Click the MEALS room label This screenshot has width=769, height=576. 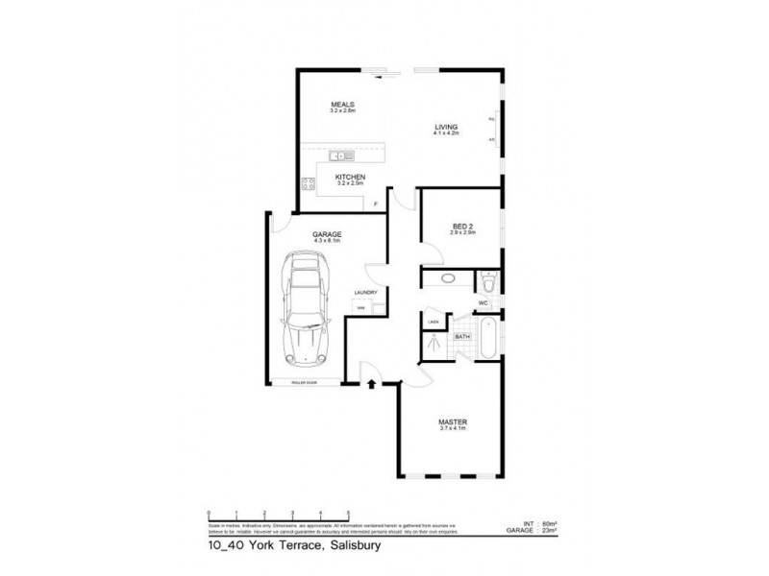click(x=343, y=104)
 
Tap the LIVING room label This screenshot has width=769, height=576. click(x=446, y=127)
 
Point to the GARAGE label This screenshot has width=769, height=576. click(x=327, y=234)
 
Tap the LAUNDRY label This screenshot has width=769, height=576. click(x=364, y=293)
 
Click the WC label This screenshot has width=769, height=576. click(x=484, y=303)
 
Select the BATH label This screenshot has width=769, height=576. click(x=461, y=337)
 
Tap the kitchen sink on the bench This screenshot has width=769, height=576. click(x=342, y=156)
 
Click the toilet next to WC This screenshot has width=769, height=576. click(x=488, y=282)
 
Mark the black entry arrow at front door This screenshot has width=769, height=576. click(x=371, y=385)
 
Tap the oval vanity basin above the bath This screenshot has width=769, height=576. click(x=448, y=279)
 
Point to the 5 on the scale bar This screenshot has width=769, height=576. click(x=349, y=513)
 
